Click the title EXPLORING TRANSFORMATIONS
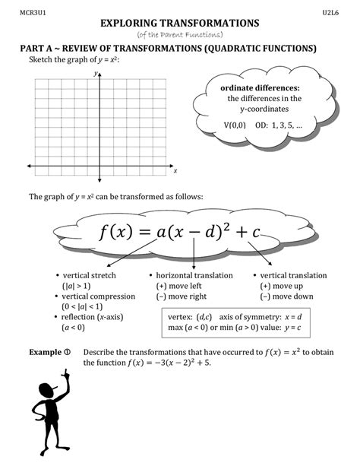(x=179, y=24)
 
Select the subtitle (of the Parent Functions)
(x=179, y=35)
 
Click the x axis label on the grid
(x=175, y=171)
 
